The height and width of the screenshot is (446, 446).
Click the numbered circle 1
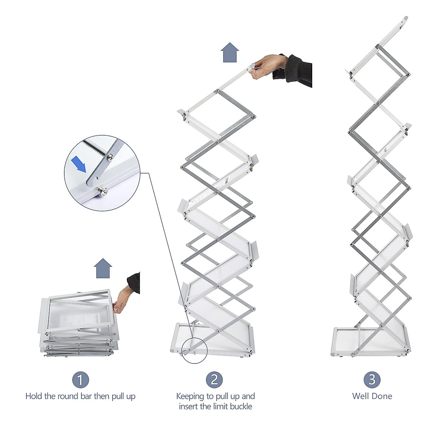[x=81, y=380]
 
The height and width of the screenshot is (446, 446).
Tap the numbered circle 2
[x=214, y=380]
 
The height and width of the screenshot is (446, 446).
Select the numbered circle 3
[x=372, y=380]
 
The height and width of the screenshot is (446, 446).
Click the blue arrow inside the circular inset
[x=79, y=164]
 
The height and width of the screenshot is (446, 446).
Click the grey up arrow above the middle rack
[x=230, y=52]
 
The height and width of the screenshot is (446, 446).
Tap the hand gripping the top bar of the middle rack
[x=266, y=67]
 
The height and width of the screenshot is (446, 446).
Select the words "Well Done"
[x=372, y=396]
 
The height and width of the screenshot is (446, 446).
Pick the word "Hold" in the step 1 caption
[x=34, y=396]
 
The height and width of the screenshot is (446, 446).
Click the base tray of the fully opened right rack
[x=346, y=342]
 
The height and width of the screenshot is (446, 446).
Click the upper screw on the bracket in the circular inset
[x=110, y=157]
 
